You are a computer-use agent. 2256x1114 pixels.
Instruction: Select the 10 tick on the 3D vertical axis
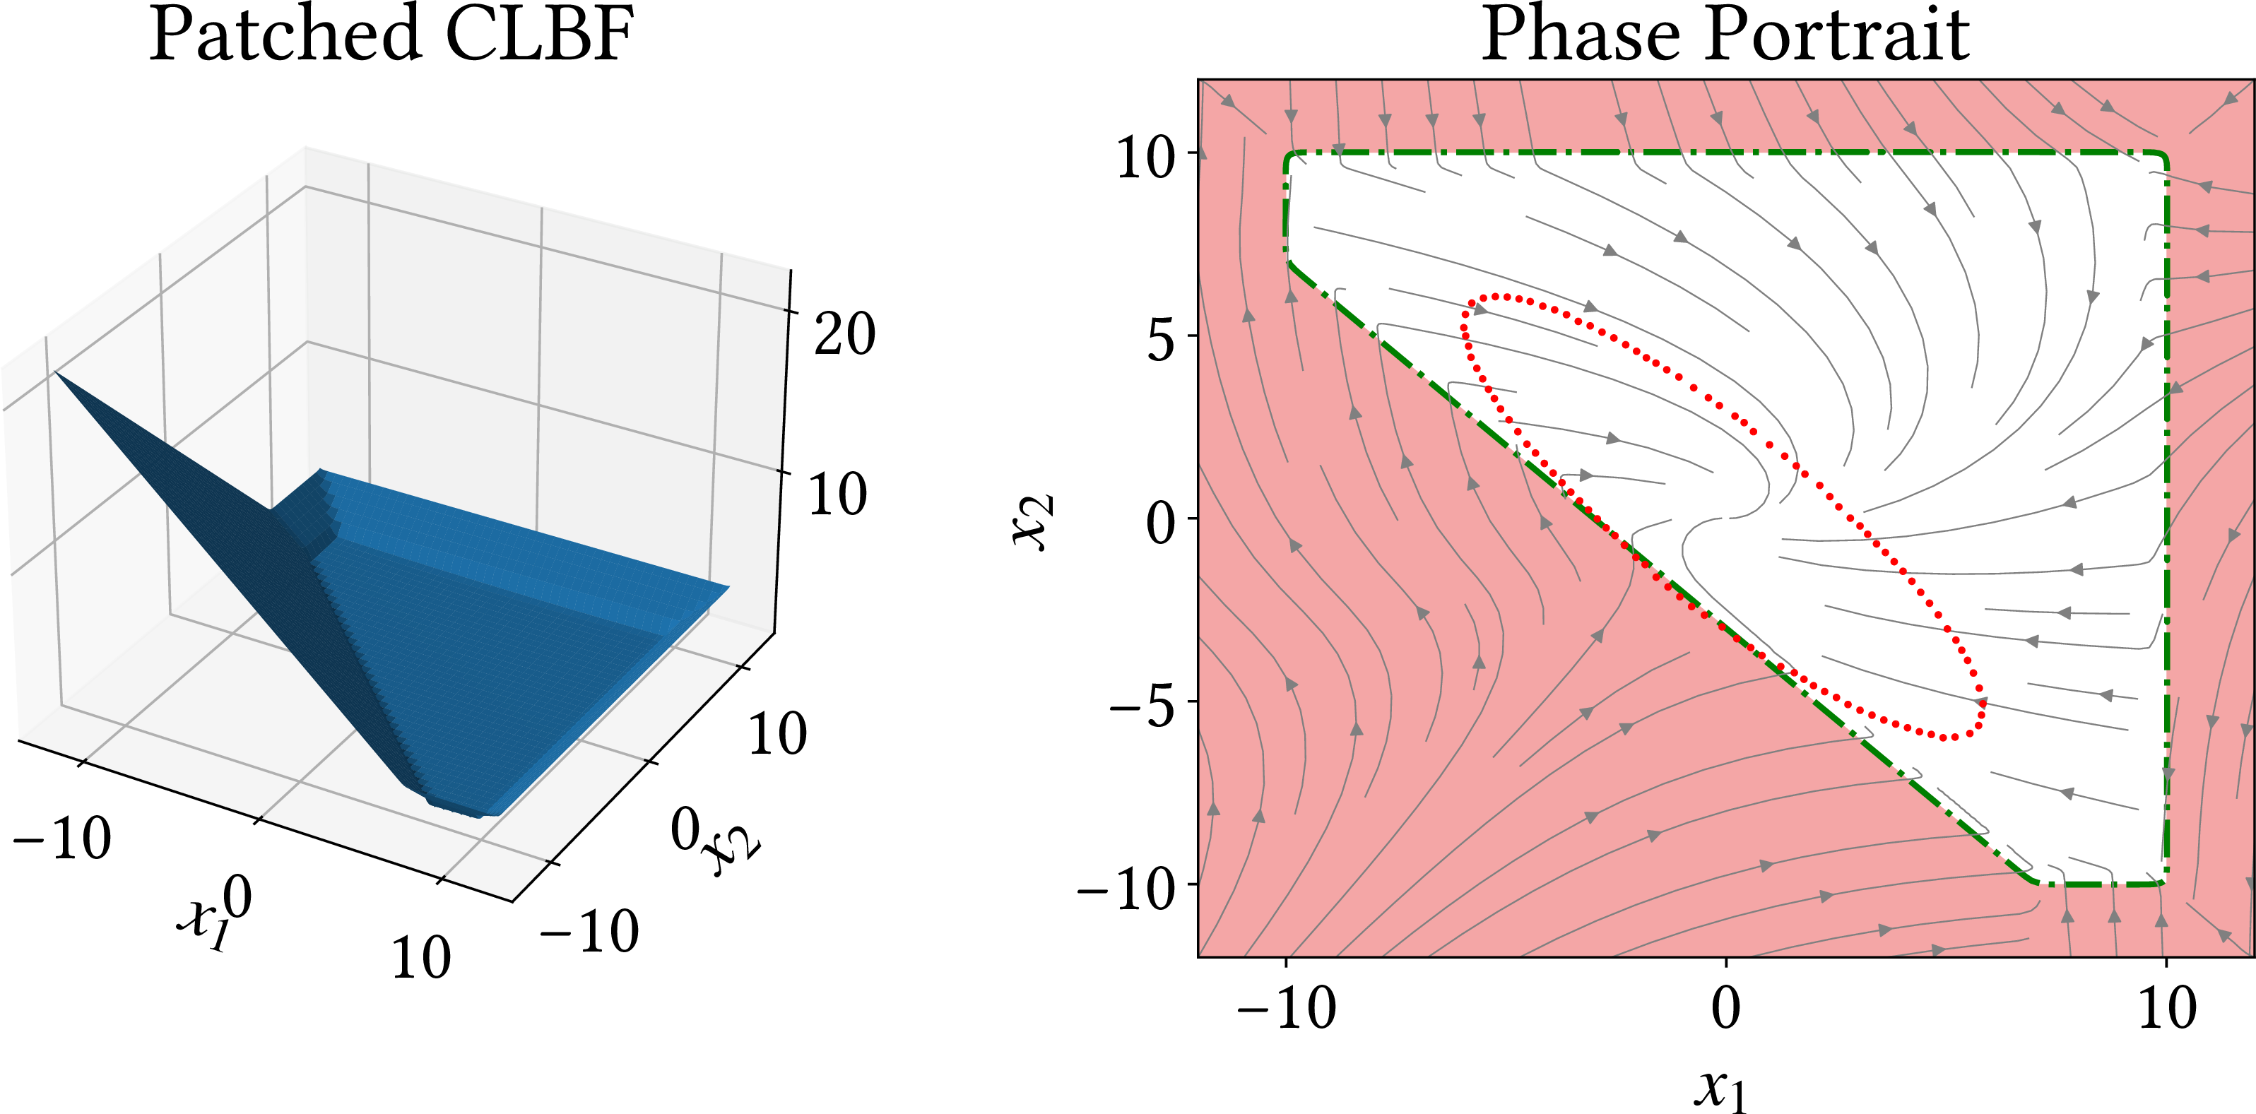tap(837, 494)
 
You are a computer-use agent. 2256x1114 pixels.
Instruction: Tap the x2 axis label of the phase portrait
tap(1034, 522)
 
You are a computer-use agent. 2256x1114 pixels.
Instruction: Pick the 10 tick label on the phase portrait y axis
tap(1145, 158)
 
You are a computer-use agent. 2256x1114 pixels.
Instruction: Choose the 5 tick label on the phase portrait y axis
tap(1160, 340)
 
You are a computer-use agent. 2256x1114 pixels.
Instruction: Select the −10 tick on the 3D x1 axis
tap(62, 838)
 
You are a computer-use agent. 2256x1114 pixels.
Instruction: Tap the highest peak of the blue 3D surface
tap(56, 373)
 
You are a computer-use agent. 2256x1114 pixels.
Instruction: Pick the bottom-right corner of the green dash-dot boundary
tap(2163, 883)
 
